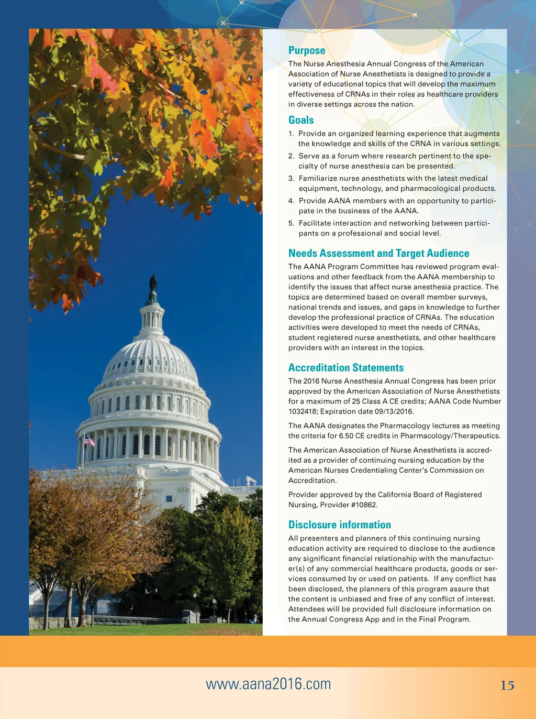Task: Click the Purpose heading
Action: pos(307,50)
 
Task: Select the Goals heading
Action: pos(301,120)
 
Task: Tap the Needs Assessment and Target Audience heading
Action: pos(378,253)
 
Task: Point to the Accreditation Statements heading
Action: pos(346,367)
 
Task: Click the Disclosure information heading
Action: pos(339,525)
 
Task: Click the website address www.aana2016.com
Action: pos(269,684)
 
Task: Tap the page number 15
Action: pos(507,685)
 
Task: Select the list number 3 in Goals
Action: pos(291,179)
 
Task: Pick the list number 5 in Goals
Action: pos(291,223)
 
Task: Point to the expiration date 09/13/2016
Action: pos(394,411)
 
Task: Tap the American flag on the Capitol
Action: pos(90,441)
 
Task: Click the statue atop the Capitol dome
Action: pos(153,283)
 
